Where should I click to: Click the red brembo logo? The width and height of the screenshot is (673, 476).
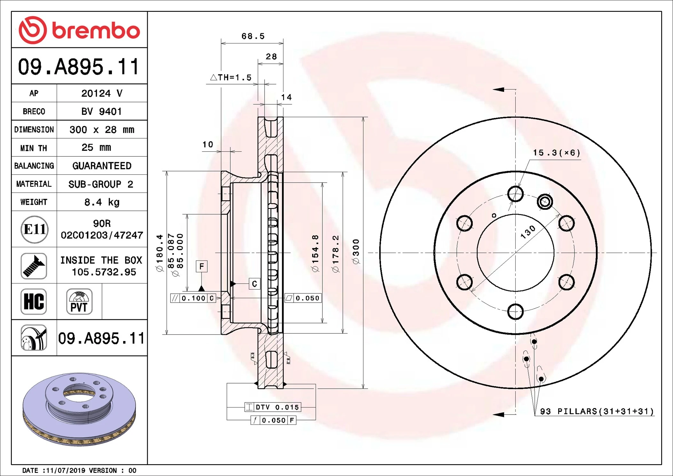coord(79,30)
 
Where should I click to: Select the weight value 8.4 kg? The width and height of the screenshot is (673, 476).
coord(102,202)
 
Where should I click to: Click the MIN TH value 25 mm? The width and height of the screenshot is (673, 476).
coord(96,147)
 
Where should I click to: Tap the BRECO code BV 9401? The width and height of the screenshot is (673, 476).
coord(101,111)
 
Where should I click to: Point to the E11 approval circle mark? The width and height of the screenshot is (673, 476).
coord(34,229)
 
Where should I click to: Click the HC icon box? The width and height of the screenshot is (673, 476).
coord(34,302)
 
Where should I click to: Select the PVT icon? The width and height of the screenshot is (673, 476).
coord(79,302)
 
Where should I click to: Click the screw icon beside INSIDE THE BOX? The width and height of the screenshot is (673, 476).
coord(34,266)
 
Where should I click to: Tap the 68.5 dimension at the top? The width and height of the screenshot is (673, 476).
coord(253,36)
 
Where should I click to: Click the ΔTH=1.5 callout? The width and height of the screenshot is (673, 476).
coord(231,77)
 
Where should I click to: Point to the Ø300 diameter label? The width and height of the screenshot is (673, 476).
coord(356,251)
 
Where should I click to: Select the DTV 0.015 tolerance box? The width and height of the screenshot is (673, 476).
coord(273,407)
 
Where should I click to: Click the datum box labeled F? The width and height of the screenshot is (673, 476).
coord(202,266)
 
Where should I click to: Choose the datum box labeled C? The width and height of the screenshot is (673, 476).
coord(254,284)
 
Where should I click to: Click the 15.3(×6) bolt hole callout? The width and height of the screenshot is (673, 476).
coord(556,153)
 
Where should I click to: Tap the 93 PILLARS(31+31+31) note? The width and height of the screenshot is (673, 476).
coord(597,411)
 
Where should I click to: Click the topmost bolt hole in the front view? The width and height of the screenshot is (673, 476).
coord(515,194)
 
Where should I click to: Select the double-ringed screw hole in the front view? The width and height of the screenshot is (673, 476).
coord(545,202)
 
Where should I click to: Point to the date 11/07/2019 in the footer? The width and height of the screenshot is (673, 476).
coord(66,470)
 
